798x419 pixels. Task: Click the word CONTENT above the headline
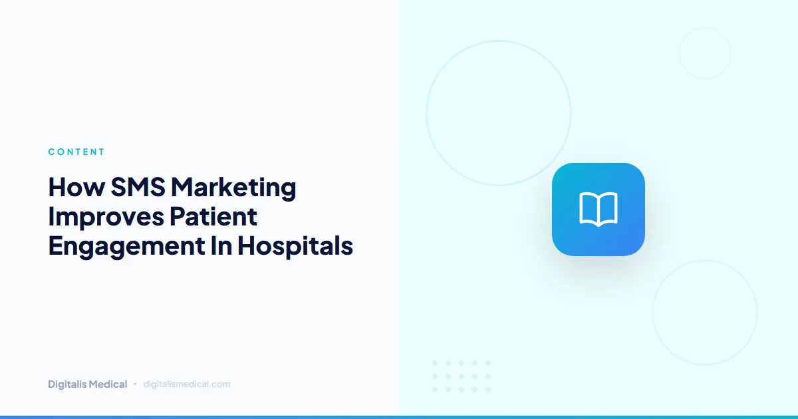coord(76,152)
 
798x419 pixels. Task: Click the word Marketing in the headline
coord(233,188)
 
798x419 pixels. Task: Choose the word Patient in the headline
coord(212,217)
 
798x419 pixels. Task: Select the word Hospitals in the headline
coord(295,246)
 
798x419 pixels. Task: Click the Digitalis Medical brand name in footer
coord(87,384)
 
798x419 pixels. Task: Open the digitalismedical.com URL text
coord(187,384)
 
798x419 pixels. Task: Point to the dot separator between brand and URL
coord(135,384)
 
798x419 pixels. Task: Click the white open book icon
coord(598,209)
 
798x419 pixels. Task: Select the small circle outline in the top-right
coord(705,53)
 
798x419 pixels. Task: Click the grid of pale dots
coord(461,376)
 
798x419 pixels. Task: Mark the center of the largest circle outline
coord(499,113)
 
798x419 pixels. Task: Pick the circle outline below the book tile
coord(705,313)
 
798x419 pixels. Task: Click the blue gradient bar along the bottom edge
coord(399,416)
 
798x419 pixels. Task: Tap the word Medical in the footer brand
coord(108,384)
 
